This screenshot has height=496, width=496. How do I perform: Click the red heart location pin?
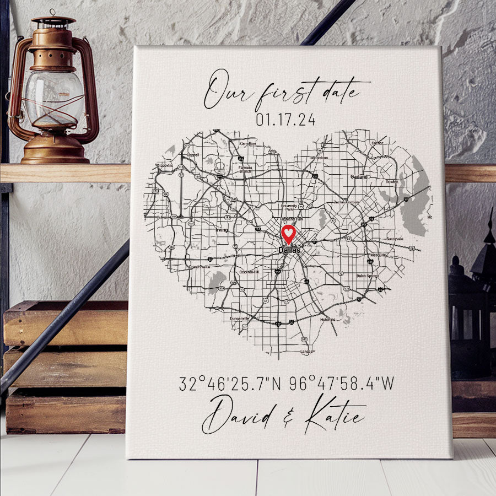tap(288, 234)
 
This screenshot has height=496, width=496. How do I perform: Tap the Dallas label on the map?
tap(289, 250)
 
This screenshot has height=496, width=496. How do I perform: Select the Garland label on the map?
tap(359, 177)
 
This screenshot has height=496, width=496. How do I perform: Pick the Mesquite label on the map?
tap(378, 255)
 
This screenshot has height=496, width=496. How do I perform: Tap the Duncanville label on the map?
tap(239, 318)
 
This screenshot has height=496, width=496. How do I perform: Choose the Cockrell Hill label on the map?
tap(250, 272)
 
